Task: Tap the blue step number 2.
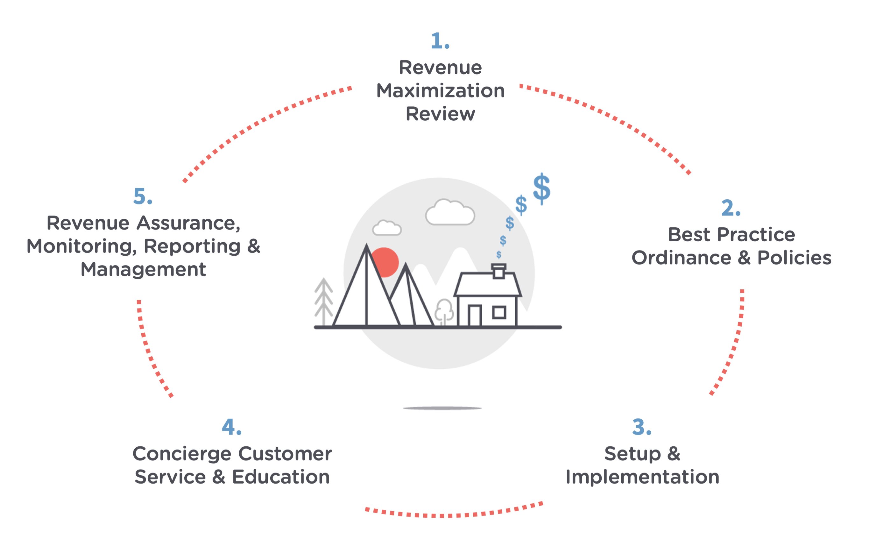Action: pyautogui.click(x=730, y=208)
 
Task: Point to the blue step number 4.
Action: pyautogui.click(x=231, y=427)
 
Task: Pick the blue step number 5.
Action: pyautogui.click(x=142, y=197)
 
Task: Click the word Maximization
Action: pyautogui.click(x=440, y=91)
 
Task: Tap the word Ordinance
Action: pyautogui.click(x=681, y=258)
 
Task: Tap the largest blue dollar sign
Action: pyautogui.click(x=541, y=189)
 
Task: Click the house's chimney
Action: pyautogui.click(x=498, y=271)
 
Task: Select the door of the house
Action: pyautogui.click(x=474, y=315)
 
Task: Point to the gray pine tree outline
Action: pyautogui.click(x=323, y=302)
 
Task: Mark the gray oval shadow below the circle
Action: pyautogui.click(x=442, y=408)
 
